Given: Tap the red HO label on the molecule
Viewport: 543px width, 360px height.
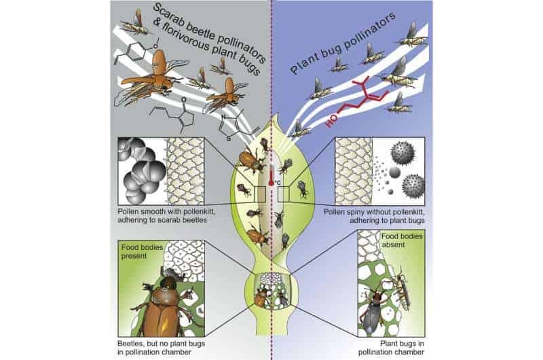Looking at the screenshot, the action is (x=331, y=122).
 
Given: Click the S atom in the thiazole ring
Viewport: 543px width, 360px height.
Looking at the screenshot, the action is (x=228, y=139).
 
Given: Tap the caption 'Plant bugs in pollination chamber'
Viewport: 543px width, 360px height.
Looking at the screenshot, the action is (x=391, y=348).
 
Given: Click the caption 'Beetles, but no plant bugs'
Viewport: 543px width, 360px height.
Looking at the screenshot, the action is (x=161, y=344).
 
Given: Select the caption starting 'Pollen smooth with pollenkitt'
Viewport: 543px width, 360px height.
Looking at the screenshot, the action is (x=166, y=215).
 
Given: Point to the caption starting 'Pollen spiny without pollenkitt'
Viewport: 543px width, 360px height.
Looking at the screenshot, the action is (x=374, y=216).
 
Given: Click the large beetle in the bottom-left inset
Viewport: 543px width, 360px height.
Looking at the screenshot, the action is (x=163, y=305).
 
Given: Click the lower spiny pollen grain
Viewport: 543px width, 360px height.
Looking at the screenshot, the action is (x=413, y=185).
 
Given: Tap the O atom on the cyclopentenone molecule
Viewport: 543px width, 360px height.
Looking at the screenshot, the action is (x=183, y=100).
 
